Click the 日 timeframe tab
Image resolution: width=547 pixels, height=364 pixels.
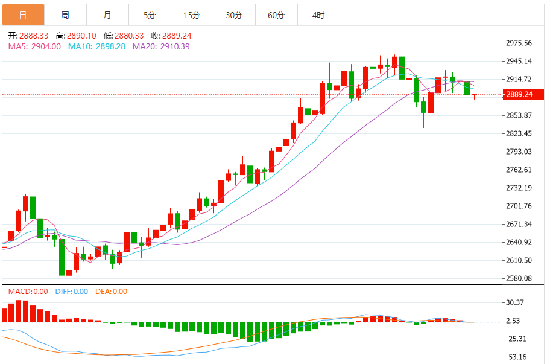[23, 15]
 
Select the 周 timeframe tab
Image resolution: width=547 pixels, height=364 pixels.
[65, 15]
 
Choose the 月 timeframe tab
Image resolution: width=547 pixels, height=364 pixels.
[107, 15]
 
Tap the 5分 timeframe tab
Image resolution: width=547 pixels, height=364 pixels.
[150, 15]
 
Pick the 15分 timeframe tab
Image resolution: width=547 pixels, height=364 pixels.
[192, 15]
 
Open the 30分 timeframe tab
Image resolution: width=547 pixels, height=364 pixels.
[234, 15]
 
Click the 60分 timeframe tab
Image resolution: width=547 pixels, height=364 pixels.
[276, 15]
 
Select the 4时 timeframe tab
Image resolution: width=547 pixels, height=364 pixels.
[318, 15]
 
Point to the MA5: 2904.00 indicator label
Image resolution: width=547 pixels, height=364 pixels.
[34, 46]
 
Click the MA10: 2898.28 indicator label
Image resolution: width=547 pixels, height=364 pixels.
[96, 46]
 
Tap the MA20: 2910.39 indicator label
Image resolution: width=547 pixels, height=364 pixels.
[161, 46]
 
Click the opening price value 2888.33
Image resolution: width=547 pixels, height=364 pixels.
[34, 36]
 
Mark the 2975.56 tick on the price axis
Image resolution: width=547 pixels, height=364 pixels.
[519, 43]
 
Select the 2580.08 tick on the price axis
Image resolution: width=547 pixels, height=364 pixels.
[519, 278]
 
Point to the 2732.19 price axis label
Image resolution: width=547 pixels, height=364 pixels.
[519, 188]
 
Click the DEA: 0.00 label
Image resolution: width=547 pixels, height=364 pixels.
[110, 292]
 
